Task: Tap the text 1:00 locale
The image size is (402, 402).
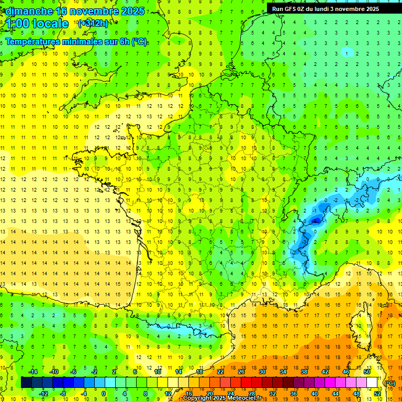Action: (37, 24)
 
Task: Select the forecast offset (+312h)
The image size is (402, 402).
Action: (93, 24)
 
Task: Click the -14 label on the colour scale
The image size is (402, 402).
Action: (33, 372)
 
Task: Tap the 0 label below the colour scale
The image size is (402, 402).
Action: (104, 394)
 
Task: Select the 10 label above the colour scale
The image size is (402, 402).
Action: (158, 372)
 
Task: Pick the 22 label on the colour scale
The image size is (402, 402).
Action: (220, 372)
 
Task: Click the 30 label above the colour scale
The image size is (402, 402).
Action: (262, 372)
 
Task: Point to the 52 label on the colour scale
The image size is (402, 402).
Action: (377, 394)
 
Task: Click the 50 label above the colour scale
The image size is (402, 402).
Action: (366, 372)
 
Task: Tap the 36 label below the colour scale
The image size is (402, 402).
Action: (293, 394)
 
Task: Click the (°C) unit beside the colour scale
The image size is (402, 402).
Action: (390, 383)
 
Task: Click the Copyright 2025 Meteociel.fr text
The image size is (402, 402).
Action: (222, 398)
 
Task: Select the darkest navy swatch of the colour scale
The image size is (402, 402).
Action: (26, 383)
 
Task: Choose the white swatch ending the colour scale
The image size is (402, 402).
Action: (372, 383)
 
